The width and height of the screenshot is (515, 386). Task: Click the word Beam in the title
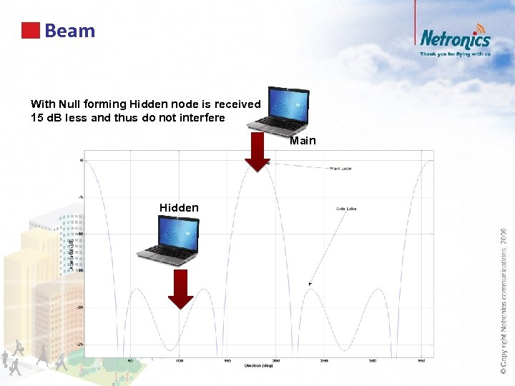(x=69, y=31)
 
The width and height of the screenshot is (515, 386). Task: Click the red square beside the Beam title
(x=30, y=31)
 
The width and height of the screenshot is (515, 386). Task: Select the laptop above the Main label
(x=288, y=108)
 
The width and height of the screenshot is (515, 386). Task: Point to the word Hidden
(x=179, y=208)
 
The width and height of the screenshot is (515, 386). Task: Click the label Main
(x=303, y=141)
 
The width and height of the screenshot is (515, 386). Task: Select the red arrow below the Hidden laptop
(x=180, y=289)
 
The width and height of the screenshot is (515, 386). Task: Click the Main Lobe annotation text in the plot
(x=340, y=169)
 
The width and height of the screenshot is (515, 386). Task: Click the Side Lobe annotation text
(x=345, y=209)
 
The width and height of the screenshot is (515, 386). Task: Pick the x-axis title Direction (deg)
(x=257, y=366)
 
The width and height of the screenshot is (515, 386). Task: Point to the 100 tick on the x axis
(x=178, y=360)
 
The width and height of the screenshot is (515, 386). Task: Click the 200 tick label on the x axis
(x=275, y=360)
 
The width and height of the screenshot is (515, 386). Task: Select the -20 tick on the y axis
(x=81, y=307)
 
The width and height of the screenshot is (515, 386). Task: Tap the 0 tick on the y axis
(x=82, y=160)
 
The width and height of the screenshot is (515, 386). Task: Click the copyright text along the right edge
(x=504, y=300)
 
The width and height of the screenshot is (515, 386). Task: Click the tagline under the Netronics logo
(x=455, y=54)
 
